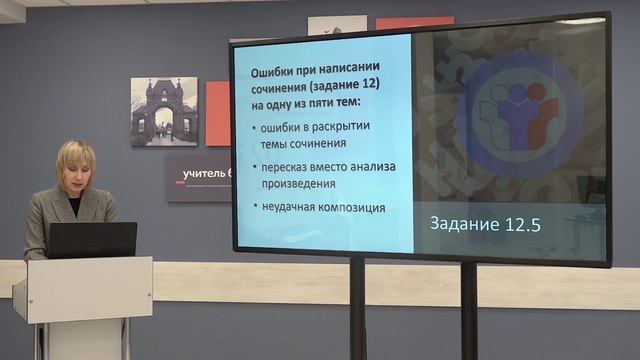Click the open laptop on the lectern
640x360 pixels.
pos(92,240)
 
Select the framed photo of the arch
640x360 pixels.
pos(164,111)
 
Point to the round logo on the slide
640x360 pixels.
pos(525,110)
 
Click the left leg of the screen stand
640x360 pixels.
pos(357,310)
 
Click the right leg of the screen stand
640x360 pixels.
pos(467,310)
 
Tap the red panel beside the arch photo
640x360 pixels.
pos(218,113)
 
